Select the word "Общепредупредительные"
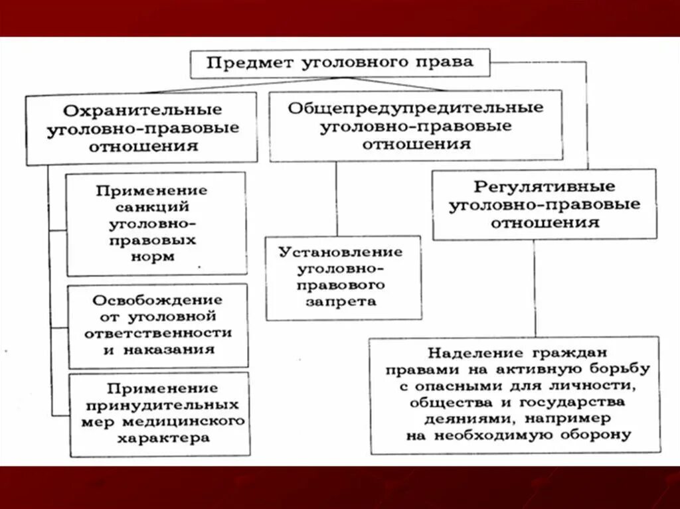click(x=416, y=108)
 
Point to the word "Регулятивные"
click(x=545, y=186)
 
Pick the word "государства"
click(x=577, y=401)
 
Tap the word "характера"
click(x=163, y=438)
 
